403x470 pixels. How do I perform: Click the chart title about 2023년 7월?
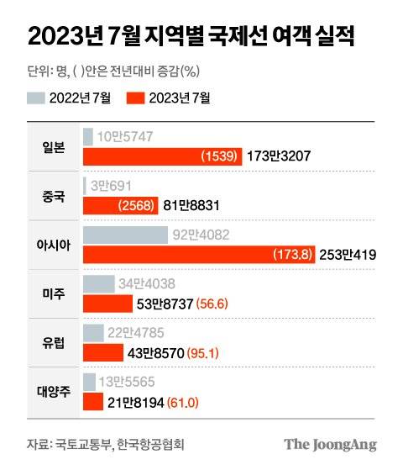(x=191, y=36)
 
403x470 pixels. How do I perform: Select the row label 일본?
(x=52, y=145)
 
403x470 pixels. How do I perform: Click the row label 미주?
(x=52, y=293)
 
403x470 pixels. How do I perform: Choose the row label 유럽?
(x=52, y=342)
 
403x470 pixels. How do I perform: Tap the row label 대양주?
(x=52, y=391)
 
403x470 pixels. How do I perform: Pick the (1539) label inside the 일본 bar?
(x=220, y=156)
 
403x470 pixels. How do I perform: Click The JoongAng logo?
(x=329, y=445)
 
